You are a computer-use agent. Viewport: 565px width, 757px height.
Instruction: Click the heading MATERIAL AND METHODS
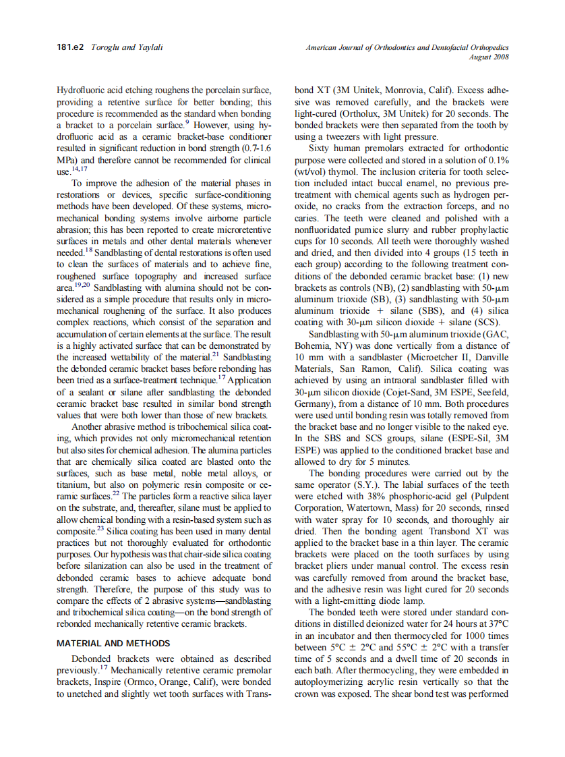(113, 643)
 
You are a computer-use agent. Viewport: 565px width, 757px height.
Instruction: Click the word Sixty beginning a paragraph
(322, 148)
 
